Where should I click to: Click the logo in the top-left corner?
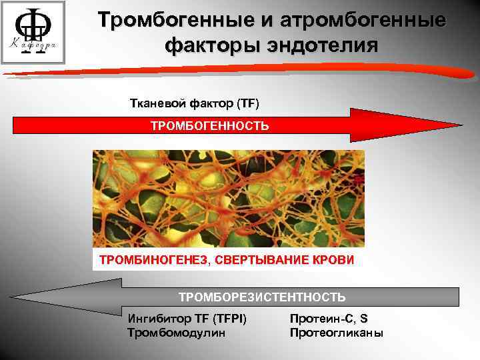coord(33,32)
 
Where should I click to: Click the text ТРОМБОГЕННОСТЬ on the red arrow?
coord(209,125)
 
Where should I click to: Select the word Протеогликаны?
coord(337,333)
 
